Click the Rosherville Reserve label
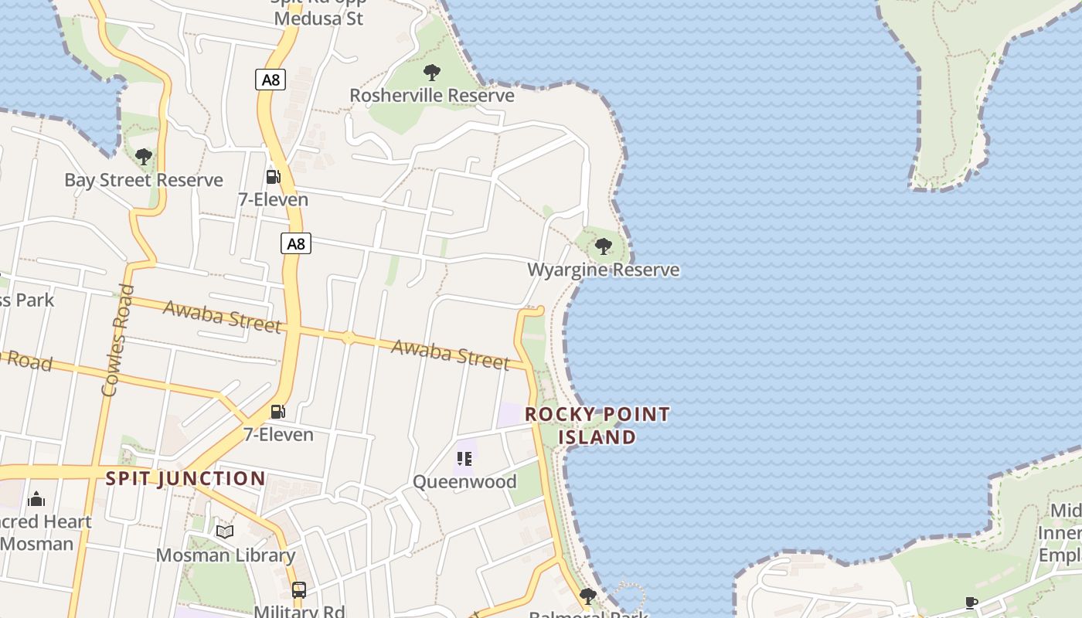click(432, 95)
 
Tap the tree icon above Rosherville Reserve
click(432, 73)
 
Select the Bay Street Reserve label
click(144, 180)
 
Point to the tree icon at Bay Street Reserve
click(144, 157)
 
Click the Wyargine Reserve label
click(604, 270)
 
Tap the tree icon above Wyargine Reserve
click(604, 246)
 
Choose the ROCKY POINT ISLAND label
click(597, 425)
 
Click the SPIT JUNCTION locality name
click(185, 478)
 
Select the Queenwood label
click(464, 481)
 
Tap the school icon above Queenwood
click(464, 459)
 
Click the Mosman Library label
click(226, 555)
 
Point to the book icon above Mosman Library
click(225, 531)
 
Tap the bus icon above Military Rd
click(299, 590)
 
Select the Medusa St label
click(318, 18)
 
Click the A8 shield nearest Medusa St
click(270, 79)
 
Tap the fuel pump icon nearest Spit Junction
click(278, 411)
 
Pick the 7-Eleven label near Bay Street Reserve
click(273, 199)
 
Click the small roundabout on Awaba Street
click(349, 337)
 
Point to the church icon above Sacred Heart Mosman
click(36, 499)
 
